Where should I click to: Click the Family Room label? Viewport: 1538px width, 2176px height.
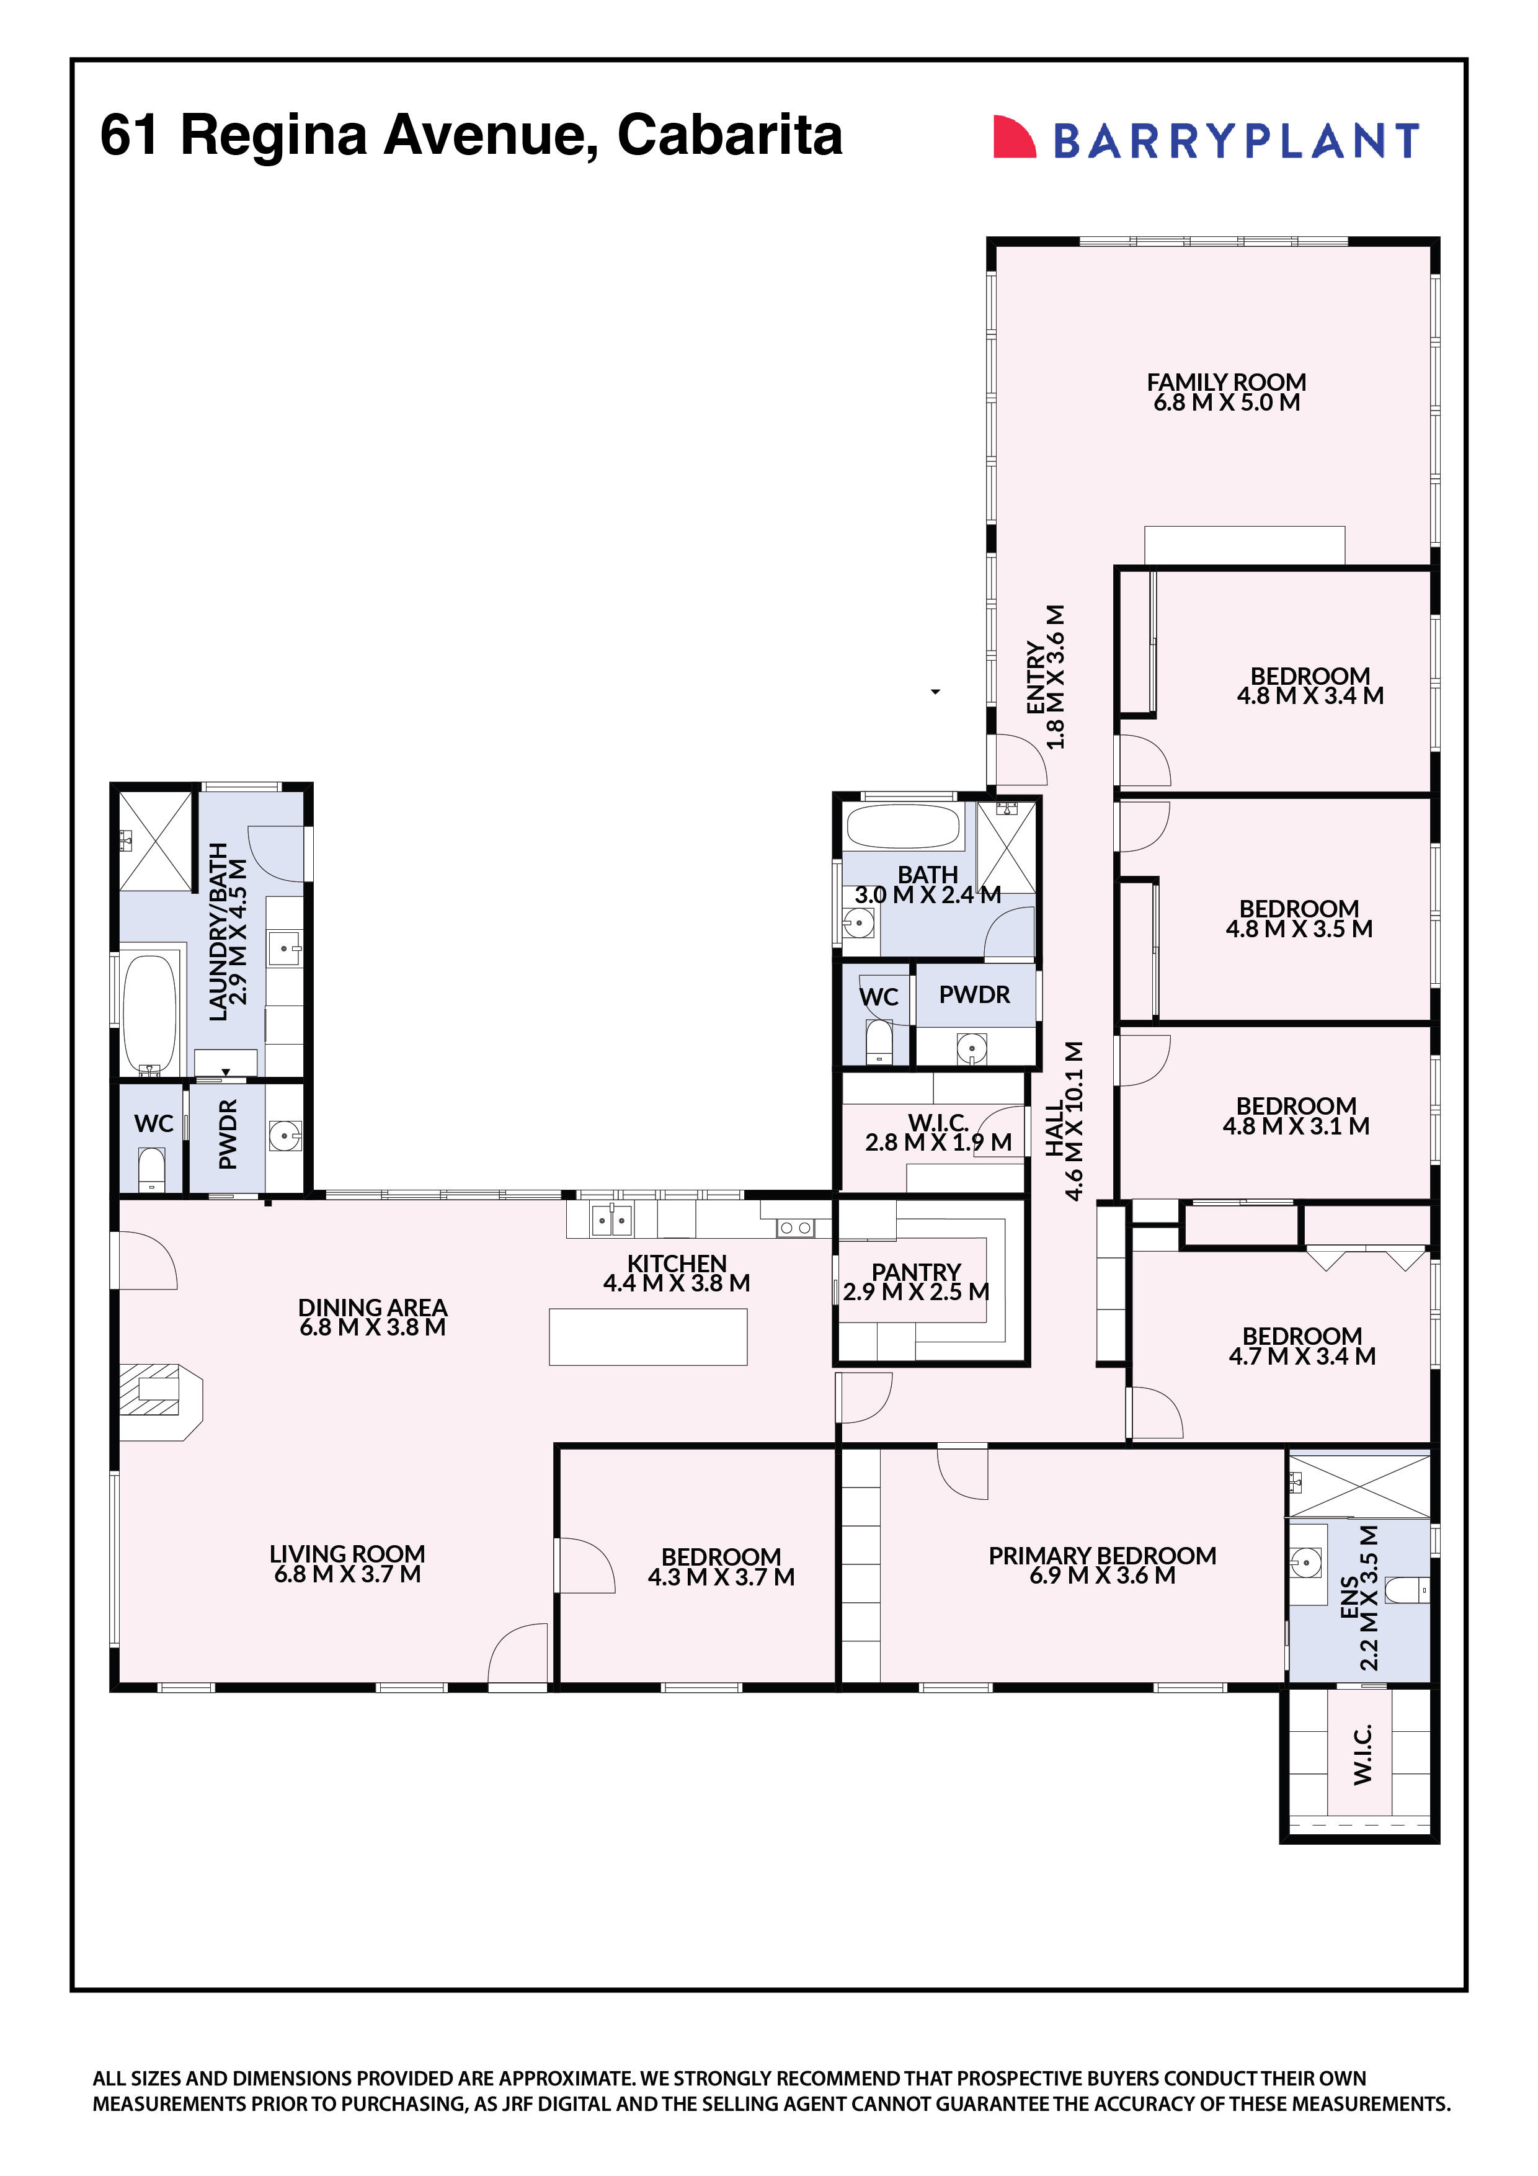point(1225,382)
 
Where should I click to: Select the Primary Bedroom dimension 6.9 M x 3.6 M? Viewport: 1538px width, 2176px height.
point(1101,1575)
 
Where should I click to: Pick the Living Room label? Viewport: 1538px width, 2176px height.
point(347,1554)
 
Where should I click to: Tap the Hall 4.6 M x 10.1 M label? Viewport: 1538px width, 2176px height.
point(1063,1120)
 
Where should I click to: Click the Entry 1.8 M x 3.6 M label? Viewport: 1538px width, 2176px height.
point(1046,677)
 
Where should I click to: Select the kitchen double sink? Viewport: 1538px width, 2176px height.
point(610,1221)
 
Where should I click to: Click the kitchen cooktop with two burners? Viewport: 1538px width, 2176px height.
point(794,1228)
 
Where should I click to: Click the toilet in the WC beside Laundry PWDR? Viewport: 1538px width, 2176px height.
point(151,1167)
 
